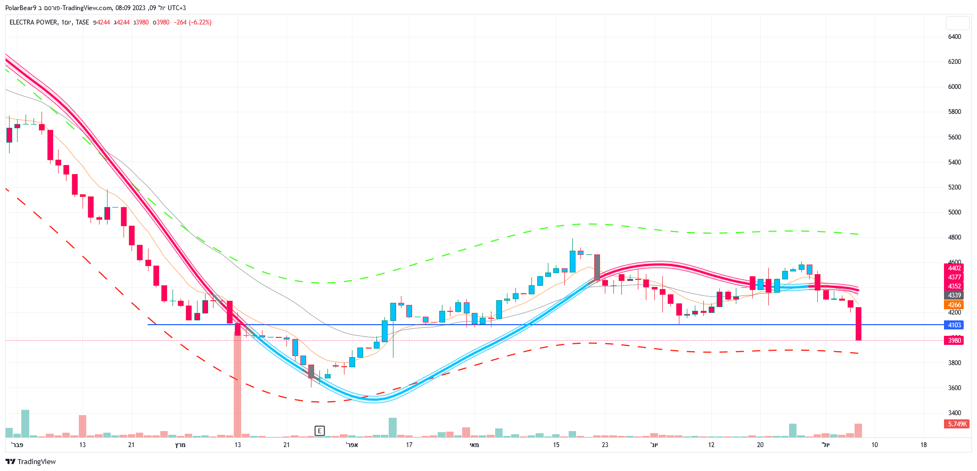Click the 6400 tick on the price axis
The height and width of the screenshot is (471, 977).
954,37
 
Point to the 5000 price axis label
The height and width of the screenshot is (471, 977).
954,212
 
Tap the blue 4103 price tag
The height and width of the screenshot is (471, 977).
954,325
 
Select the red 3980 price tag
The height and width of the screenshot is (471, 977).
954,341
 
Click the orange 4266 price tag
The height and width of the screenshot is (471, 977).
954,305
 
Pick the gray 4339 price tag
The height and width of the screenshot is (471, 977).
954,295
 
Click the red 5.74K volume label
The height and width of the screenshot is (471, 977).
957,424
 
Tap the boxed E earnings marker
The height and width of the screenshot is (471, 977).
319,431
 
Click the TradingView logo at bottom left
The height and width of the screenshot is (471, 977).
30,461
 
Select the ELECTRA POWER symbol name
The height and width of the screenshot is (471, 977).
33,22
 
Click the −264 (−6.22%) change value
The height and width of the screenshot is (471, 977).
192,22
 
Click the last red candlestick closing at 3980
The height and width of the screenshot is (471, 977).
858,324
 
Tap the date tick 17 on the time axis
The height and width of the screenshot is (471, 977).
409,445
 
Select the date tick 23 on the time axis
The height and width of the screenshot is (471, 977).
605,445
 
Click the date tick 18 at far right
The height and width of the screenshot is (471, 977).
923,445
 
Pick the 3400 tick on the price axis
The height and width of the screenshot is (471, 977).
954,413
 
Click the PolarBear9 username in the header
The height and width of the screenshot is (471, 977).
20,8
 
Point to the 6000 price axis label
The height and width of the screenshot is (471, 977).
954,87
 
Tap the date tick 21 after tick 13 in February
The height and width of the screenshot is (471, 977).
131,445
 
